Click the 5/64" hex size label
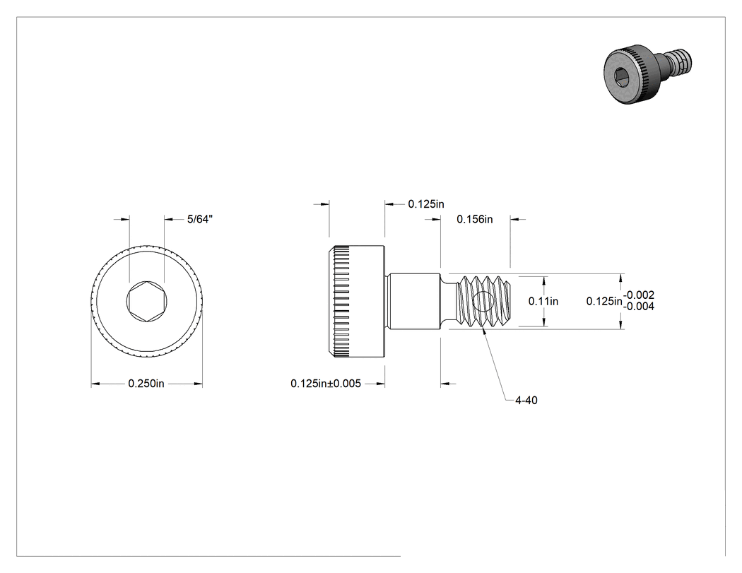click(200, 219)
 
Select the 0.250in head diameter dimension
click(146, 384)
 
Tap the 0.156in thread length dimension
click(475, 219)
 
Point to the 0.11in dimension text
click(543, 301)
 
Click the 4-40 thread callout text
click(526, 401)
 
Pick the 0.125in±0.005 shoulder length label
click(326, 384)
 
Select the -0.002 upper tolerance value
click(639, 295)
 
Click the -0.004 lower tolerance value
click(639, 307)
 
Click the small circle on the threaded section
click(483, 302)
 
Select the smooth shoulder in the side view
click(414, 302)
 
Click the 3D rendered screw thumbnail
click(647, 73)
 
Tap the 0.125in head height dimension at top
click(426, 204)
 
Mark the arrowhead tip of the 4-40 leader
click(482, 328)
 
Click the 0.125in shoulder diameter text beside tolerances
click(604, 301)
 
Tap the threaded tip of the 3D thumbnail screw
click(681, 60)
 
